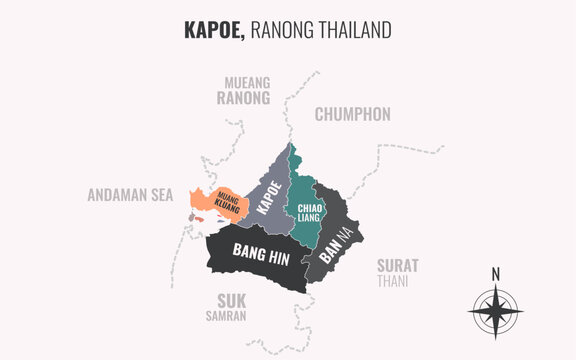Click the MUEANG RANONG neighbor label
pyautogui.click(x=243, y=91)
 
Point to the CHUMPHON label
pyautogui.click(x=352, y=114)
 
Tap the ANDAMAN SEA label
pyautogui.click(x=130, y=195)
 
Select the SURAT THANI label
pyautogui.click(x=397, y=272)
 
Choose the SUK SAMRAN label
pyautogui.click(x=233, y=307)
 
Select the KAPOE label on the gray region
pyautogui.click(x=269, y=195)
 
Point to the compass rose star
pyautogui.click(x=494, y=310)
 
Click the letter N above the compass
pyautogui.click(x=495, y=274)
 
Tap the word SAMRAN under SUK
pyautogui.click(x=232, y=316)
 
